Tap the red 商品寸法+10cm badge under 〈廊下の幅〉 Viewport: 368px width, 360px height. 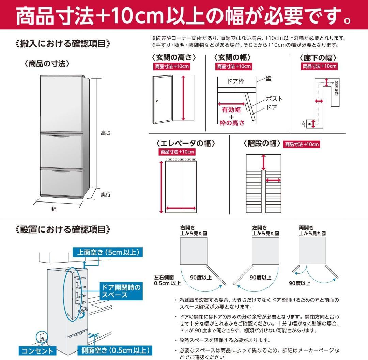(320, 66)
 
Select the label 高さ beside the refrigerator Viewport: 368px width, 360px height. (106, 133)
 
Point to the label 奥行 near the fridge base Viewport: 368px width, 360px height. (106, 195)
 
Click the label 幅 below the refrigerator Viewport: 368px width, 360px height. (54, 209)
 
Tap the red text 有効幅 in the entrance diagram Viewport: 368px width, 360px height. (231, 110)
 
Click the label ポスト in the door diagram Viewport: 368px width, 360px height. (274, 99)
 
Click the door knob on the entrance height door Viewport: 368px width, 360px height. (157, 101)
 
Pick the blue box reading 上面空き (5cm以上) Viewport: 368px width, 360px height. (108, 252)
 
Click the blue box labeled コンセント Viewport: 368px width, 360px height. (37, 350)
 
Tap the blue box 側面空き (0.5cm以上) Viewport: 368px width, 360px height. (115, 350)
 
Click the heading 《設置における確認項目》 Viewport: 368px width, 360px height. (63, 229)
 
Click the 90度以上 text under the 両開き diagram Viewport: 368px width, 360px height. (300, 283)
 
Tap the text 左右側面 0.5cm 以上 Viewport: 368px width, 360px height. (167, 280)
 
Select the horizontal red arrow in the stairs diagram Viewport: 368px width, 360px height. (273, 180)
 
